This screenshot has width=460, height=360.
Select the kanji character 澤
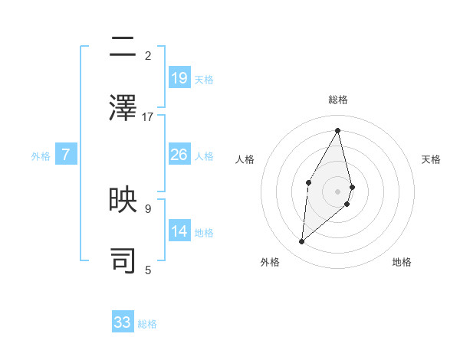tap(123, 107)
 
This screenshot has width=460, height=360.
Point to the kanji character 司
tap(123, 260)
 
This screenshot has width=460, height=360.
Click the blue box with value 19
tap(179, 77)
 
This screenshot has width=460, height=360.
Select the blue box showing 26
tap(179, 155)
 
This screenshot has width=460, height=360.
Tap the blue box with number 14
tap(179, 231)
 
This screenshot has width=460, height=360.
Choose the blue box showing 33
tap(123, 322)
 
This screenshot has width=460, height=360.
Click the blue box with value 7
tap(66, 155)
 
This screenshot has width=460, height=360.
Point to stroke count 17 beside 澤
tap(148, 116)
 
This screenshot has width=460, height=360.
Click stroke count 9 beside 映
tap(148, 208)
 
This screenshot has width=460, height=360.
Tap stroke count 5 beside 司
tap(148, 269)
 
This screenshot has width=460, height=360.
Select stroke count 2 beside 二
tap(148, 56)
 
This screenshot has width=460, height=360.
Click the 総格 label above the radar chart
tap(338, 100)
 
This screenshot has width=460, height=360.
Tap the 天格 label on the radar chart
tap(432, 159)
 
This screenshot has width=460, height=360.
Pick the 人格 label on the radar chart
tap(245, 159)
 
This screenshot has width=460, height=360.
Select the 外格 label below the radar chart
tap(270, 262)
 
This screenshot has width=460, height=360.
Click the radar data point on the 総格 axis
tap(338, 130)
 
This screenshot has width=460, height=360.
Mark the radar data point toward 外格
tap(302, 242)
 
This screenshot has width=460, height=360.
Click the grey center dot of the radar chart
tap(338, 191)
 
